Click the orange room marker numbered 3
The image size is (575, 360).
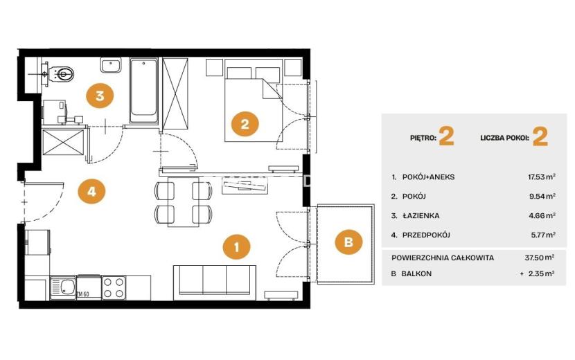tap(100, 96)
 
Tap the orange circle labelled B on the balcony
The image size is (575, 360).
tap(348, 242)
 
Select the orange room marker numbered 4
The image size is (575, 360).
tap(91, 191)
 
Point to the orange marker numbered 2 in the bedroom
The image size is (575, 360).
tap(245, 124)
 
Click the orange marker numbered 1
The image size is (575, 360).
tap(236, 246)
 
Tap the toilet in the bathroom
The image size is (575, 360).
tap(61, 74)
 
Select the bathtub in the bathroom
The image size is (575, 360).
tap(144, 90)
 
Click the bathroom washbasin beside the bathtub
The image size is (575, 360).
tap(111, 65)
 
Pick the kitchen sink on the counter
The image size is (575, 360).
tap(63, 287)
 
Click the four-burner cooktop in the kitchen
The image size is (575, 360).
tap(114, 287)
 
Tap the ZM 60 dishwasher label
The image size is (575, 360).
tap(83, 294)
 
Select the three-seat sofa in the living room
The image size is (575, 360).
tap(215, 280)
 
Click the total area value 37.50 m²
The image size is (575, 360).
tap(540, 258)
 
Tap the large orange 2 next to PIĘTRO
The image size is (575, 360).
tap(446, 136)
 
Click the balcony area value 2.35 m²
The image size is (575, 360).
tap(542, 273)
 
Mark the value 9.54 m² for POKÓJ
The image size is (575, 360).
tap(542, 196)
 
